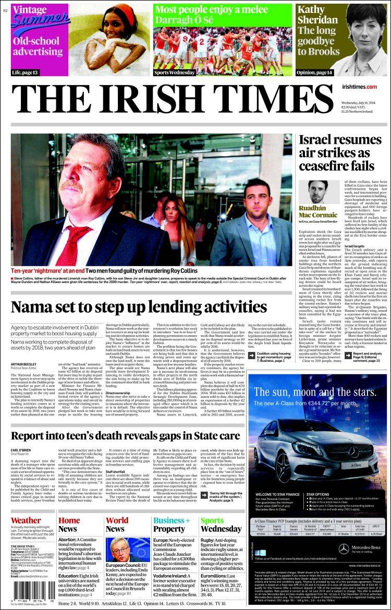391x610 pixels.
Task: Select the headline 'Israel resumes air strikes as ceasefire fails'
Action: click(336, 153)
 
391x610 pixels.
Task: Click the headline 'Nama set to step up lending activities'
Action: click(132, 308)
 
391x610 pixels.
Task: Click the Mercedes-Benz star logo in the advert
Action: click(344, 548)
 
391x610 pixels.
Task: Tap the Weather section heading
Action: click(26, 520)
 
